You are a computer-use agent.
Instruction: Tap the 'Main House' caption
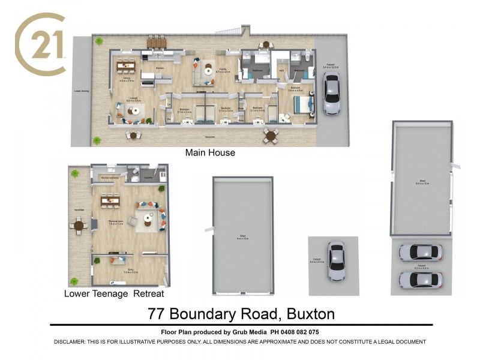click(210, 153)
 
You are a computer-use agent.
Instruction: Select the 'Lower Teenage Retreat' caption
click(114, 294)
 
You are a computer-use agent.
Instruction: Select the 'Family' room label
click(223, 70)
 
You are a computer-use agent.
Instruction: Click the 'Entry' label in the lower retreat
click(127, 271)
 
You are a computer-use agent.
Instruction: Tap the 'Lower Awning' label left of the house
click(81, 91)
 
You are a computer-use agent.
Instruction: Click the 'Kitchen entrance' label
click(109, 178)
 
